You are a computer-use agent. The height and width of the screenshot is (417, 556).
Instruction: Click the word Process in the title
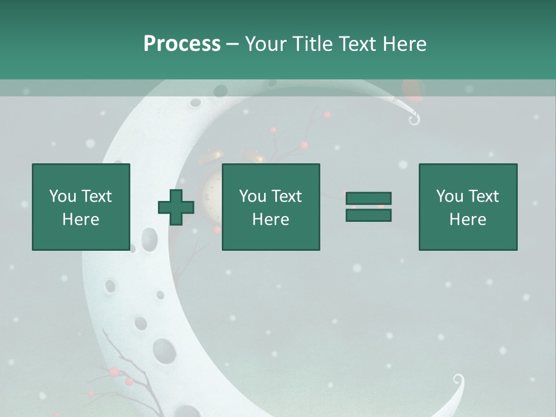point(182,44)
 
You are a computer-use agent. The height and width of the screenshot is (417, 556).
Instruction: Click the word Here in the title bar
point(405,44)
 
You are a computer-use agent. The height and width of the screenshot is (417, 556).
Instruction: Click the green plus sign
point(176,207)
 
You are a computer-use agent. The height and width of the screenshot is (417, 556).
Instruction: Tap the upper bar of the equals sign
point(368,199)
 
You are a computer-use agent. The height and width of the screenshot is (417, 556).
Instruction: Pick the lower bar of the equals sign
point(368,215)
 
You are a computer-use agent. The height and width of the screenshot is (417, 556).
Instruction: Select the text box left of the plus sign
point(81,207)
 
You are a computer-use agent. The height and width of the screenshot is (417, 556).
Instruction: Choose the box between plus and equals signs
point(270,207)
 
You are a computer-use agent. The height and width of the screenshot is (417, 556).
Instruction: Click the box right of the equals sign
point(467,207)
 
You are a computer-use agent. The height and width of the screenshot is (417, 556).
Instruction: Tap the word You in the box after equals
point(449,196)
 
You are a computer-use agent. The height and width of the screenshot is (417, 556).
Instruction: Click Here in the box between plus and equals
point(270,220)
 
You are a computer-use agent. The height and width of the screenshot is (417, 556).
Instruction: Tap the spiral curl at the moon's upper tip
point(414,120)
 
